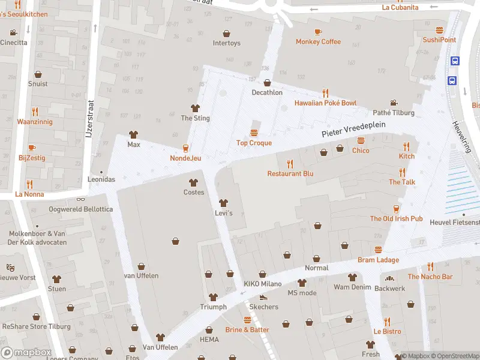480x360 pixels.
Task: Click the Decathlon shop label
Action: pyautogui.click(x=267, y=92)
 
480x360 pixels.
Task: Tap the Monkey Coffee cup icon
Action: pyautogui.click(x=318, y=32)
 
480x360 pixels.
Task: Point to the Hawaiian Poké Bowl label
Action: pyautogui.click(x=325, y=103)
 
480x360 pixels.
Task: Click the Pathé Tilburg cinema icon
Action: pyautogui.click(x=394, y=103)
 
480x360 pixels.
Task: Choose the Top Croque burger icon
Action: pyautogui.click(x=254, y=133)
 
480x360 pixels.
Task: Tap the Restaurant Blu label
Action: pyautogui.click(x=290, y=173)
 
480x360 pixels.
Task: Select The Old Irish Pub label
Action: pyautogui.click(x=396, y=218)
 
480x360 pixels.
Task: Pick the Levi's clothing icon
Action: pyautogui.click(x=224, y=203)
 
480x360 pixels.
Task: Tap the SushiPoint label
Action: pyautogui.click(x=439, y=40)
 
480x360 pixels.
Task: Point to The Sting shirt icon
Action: pyautogui.click(x=195, y=108)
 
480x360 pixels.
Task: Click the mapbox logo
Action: pyautogui.click(x=26, y=352)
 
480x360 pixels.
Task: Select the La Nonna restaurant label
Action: pyautogui.click(x=29, y=194)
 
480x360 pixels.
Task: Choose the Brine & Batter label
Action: pyautogui.click(x=247, y=329)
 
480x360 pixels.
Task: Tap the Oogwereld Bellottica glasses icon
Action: pyautogui.click(x=80, y=199)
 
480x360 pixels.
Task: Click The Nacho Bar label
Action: pyautogui.click(x=430, y=277)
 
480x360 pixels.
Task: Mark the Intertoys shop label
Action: pyautogui.click(x=226, y=43)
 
